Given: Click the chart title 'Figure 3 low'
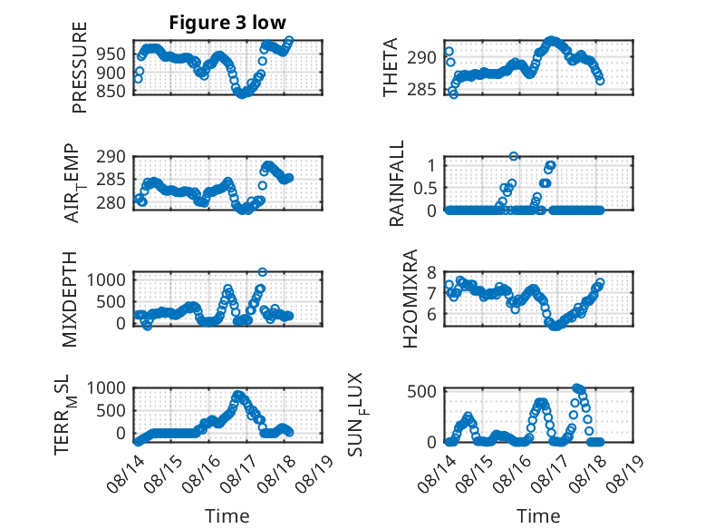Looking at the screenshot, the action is pos(227,23).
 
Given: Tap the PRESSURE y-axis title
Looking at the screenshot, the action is pos(79,67).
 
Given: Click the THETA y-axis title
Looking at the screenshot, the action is pos(391,67).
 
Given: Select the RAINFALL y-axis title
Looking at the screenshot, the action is pos(397,183).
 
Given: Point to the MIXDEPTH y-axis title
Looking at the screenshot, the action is pos(70,299).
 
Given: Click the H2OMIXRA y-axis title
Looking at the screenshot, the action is pos(410,299).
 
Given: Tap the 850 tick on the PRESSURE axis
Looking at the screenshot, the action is pos(111,91).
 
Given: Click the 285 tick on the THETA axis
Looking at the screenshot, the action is pos(421,90).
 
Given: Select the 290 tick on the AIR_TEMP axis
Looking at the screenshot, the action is pos(111,157).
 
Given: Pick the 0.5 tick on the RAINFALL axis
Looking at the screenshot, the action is pos(425,188).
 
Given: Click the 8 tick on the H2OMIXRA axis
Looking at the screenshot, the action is pos(431,272).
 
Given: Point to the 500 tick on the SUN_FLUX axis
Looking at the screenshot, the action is pos(421,391).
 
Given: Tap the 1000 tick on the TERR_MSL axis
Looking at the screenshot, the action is pos(106,387).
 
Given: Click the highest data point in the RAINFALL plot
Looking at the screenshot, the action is pos(514,156).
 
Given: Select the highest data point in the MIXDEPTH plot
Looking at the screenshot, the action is pos(263,272).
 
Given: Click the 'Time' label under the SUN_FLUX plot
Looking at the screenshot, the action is pos(538,515).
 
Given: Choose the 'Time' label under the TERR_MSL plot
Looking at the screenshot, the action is pos(227,515).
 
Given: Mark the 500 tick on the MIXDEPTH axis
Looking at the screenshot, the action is pos(111,301).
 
